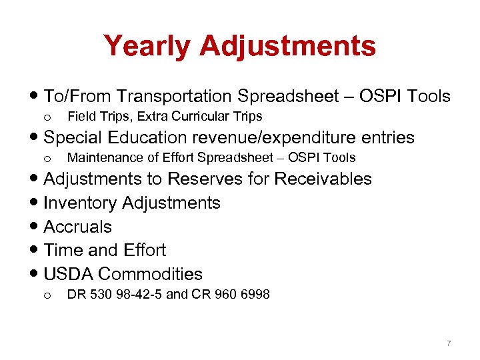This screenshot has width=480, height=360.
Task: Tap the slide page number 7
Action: pos(449,343)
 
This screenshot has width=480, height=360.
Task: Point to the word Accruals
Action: pos(77,227)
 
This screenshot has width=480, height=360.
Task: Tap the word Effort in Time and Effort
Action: pos(144,250)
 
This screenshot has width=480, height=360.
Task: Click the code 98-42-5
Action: pos(139,294)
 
